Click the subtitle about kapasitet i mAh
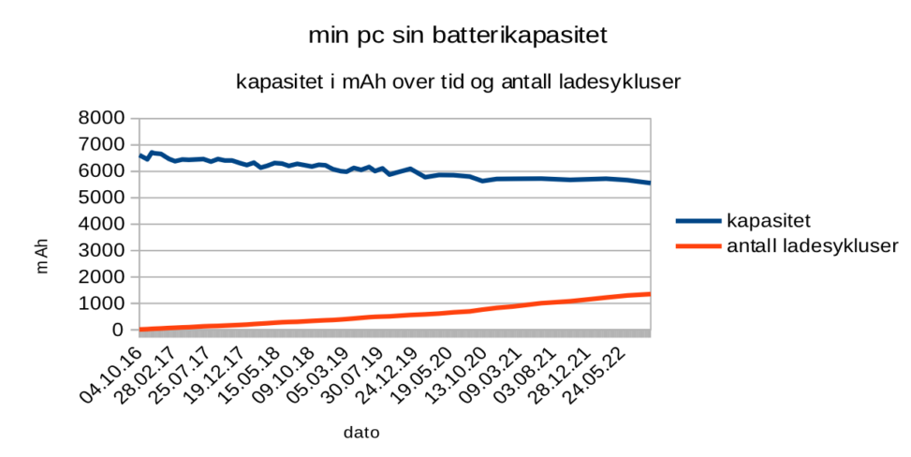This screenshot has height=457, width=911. (458, 82)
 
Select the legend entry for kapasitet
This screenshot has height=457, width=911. (768, 221)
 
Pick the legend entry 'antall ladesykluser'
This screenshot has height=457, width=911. (813, 246)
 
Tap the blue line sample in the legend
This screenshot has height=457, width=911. (698, 221)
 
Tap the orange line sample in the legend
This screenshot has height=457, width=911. (698, 246)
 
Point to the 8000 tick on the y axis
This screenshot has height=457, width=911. (104, 118)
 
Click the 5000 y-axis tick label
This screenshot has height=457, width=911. (104, 198)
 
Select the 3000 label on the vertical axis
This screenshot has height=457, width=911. (104, 251)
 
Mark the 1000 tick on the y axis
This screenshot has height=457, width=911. (104, 303)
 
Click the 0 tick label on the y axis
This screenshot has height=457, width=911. (117, 330)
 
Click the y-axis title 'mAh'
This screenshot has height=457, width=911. (42, 254)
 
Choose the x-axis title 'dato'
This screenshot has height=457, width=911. (361, 433)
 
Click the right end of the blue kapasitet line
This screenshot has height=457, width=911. (649, 183)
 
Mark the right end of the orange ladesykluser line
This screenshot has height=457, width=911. (649, 294)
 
